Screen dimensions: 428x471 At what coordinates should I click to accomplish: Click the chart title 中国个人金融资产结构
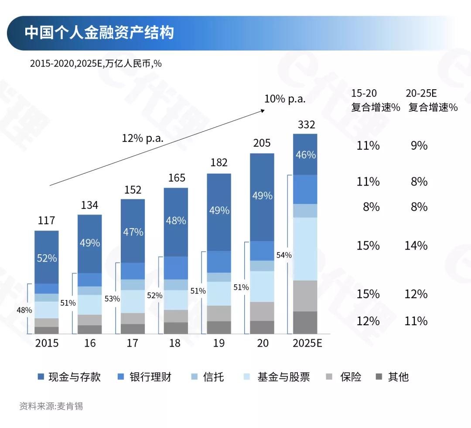(99, 33)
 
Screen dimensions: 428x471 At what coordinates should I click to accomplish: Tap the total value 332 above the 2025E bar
(306, 125)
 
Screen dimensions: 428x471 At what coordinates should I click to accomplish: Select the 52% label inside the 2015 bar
(47, 258)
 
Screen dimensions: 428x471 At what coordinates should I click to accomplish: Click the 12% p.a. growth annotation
(142, 138)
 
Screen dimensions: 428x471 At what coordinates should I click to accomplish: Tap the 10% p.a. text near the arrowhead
(285, 99)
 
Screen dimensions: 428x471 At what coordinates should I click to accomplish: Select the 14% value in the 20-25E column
(416, 246)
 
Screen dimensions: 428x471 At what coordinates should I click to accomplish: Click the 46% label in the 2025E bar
(306, 155)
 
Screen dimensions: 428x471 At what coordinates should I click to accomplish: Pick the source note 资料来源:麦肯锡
(51, 406)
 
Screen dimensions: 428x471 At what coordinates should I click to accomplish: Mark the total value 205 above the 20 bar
(262, 143)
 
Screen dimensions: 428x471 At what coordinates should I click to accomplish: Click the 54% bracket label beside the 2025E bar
(284, 255)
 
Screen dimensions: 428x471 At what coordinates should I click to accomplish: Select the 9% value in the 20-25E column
(419, 145)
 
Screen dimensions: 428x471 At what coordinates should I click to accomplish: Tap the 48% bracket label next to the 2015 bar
(24, 310)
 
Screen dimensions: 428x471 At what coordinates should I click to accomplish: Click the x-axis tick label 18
(174, 343)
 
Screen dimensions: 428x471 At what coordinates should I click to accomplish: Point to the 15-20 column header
(364, 93)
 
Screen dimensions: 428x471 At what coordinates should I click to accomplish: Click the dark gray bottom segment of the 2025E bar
(305, 323)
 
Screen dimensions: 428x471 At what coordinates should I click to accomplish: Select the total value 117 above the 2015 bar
(46, 220)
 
